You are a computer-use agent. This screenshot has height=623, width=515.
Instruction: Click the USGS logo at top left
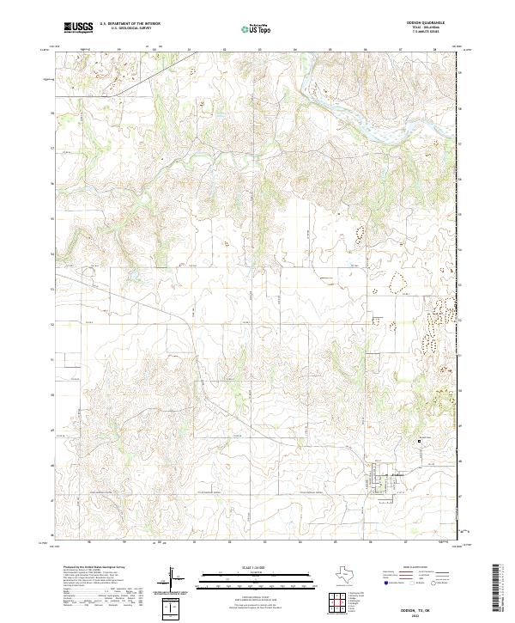(x=78, y=27)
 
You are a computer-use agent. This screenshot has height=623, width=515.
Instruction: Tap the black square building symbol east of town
(x=420, y=441)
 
